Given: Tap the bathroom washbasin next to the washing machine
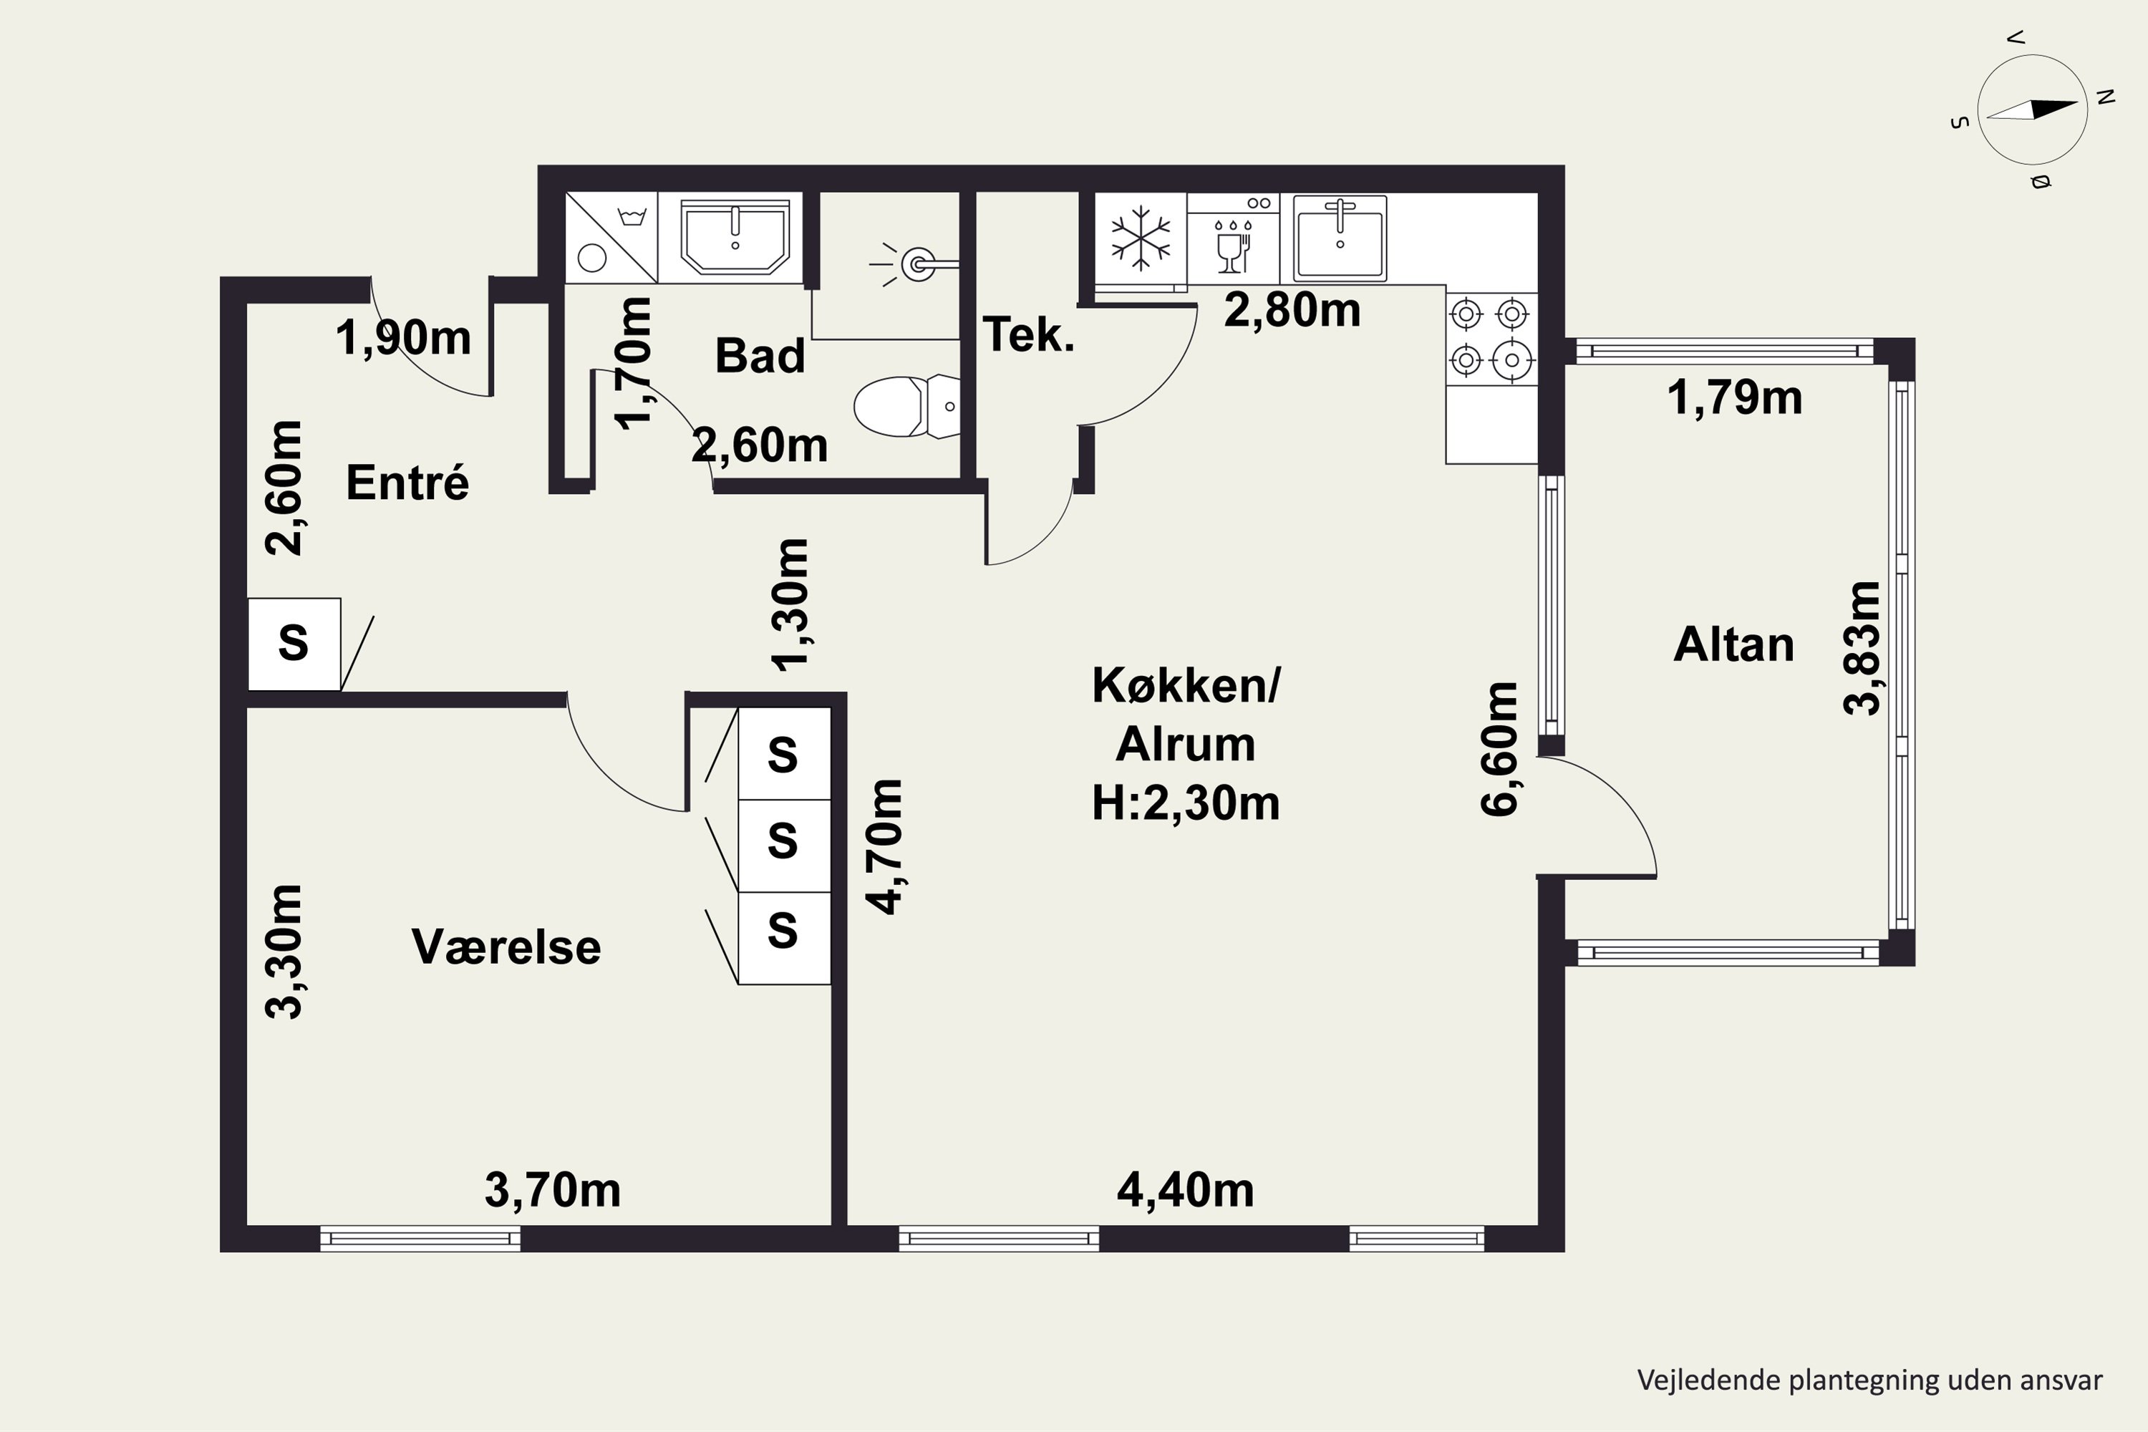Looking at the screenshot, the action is [735, 236].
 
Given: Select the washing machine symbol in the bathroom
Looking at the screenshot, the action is [611, 236].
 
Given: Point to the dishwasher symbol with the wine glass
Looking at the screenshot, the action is [1233, 238].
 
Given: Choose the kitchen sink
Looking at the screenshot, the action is [1340, 238].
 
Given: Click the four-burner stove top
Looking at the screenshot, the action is [1491, 337].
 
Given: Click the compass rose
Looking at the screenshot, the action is [2031, 110].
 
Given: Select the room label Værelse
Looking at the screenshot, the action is [507, 947].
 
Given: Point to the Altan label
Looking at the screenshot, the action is [1733, 645].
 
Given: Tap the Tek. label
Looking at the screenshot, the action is [1028, 334].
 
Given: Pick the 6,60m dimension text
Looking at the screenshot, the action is [1499, 748].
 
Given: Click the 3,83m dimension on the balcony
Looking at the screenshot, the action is [1863, 647].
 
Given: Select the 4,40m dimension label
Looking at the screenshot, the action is [1186, 1190].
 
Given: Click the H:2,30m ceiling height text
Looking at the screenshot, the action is [1186, 803].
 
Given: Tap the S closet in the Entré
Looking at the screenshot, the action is [294, 644].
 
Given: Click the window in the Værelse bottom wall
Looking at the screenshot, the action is [420, 1239].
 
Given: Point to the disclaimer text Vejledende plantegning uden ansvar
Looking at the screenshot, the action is [1869, 1380].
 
